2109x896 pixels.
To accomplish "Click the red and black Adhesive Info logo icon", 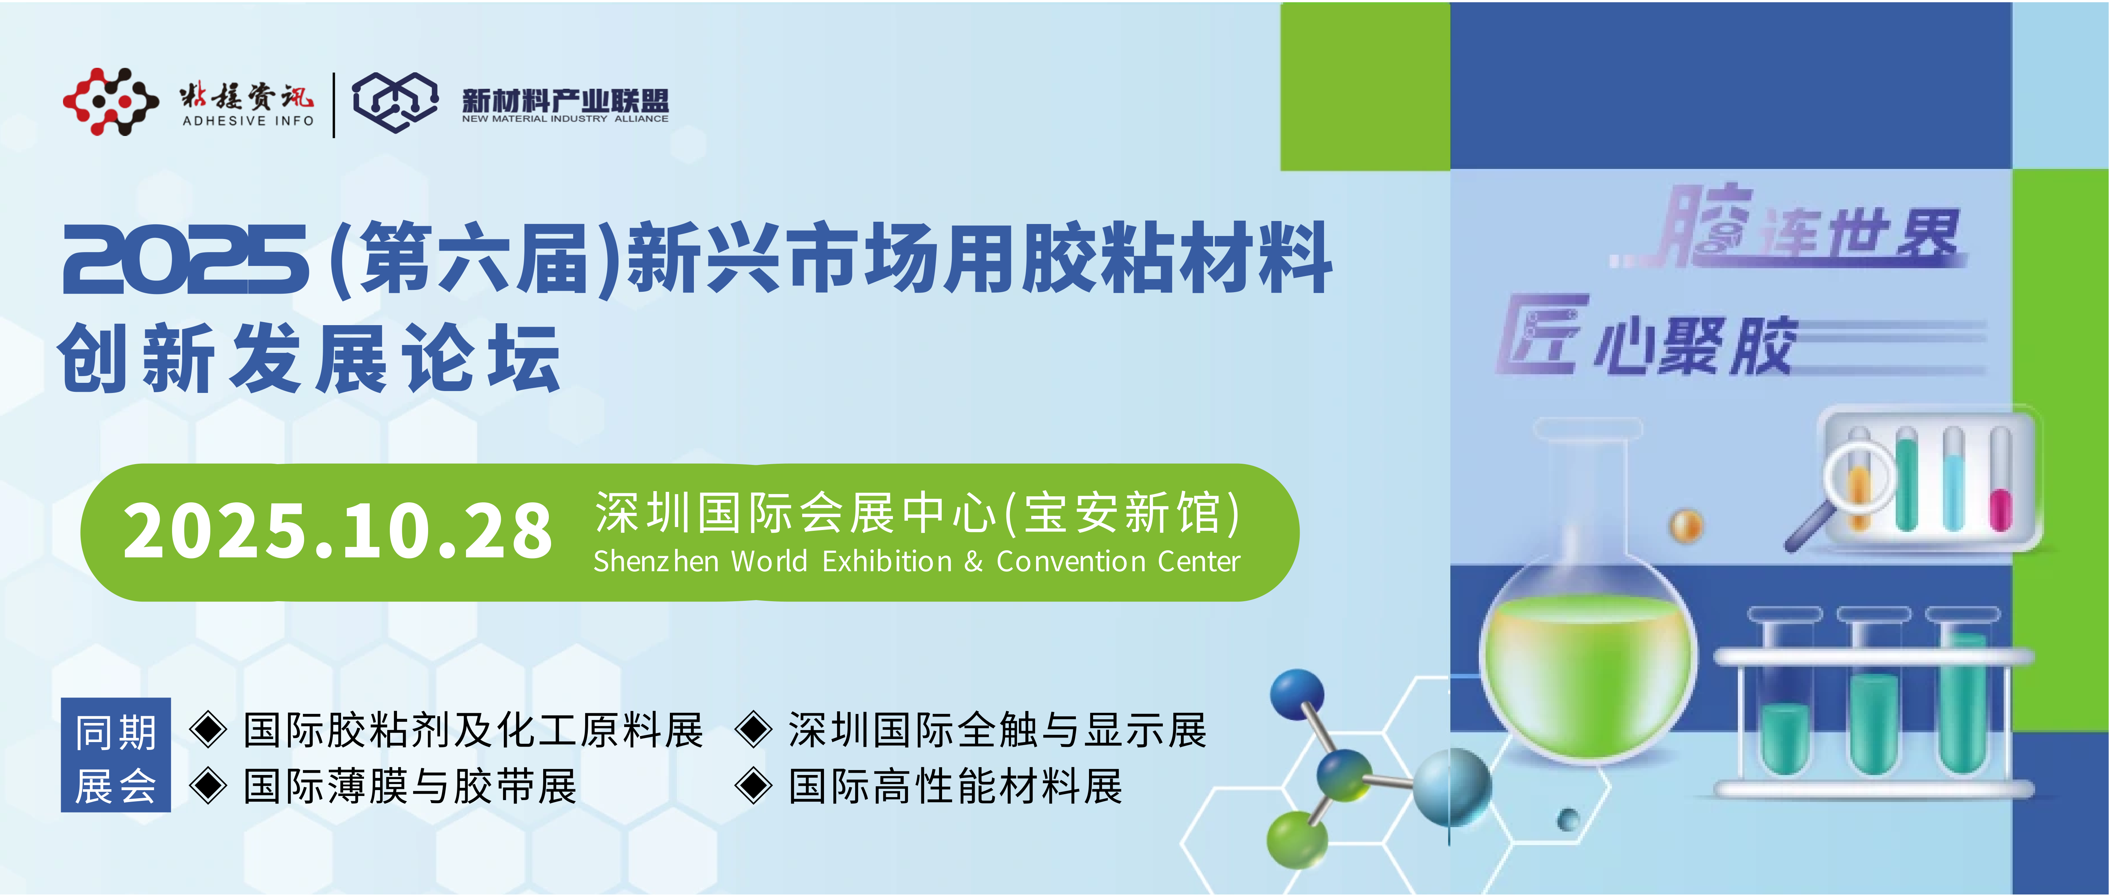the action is click(x=111, y=102).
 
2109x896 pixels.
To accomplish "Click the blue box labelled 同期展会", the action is click(x=115, y=754).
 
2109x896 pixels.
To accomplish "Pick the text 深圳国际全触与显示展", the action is click(x=997, y=730).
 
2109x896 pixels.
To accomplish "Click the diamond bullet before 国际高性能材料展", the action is click(x=753, y=786).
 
